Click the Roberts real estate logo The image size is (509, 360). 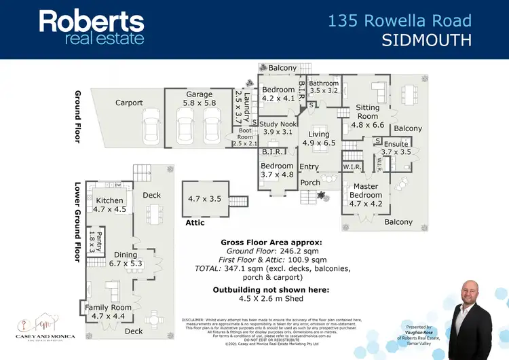pyautogui.click(x=92, y=27)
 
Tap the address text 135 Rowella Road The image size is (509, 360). pyautogui.click(x=400, y=20)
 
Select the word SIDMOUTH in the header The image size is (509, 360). pyautogui.click(x=427, y=41)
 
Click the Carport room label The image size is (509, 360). pyautogui.click(x=129, y=103)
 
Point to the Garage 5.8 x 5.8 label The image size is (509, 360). pyautogui.click(x=200, y=98)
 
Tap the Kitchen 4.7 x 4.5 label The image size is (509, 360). pyautogui.click(x=110, y=205)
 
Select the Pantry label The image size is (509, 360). pyautogui.click(x=96, y=241)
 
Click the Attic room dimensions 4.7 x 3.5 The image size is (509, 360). pyautogui.click(x=204, y=200)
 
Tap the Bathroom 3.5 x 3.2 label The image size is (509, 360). pyautogui.click(x=324, y=87)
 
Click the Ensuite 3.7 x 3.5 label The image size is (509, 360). pyautogui.click(x=396, y=148)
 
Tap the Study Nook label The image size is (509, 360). pyautogui.click(x=278, y=127)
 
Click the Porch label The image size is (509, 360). pyautogui.click(x=310, y=182)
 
